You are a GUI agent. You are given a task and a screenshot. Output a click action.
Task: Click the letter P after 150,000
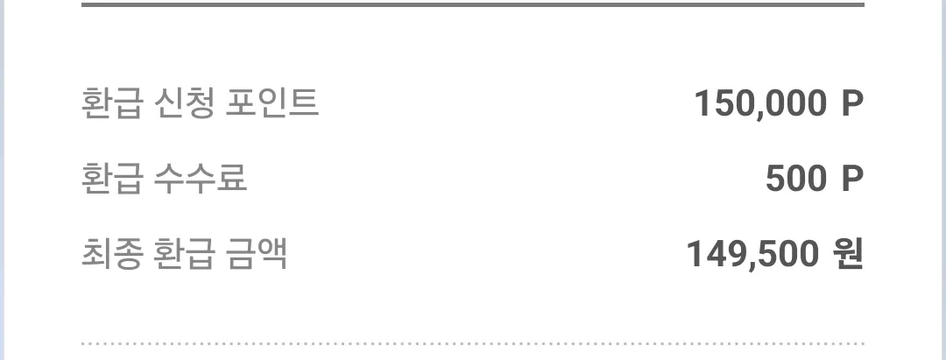[x=852, y=102]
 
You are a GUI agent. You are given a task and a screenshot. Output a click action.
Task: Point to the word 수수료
[x=201, y=179]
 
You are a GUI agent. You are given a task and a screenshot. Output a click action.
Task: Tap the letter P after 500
[x=852, y=179]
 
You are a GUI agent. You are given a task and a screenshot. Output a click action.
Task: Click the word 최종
[x=112, y=254]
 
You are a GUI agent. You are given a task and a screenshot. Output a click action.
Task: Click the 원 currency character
[x=848, y=254]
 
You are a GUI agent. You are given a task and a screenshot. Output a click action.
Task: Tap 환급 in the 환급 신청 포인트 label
[x=112, y=102]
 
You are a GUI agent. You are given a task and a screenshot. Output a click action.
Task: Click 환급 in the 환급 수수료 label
[x=112, y=179]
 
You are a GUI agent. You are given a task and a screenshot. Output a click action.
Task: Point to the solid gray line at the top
[x=472, y=5]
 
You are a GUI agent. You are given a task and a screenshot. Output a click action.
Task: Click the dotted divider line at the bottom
[x=472, y=343]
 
